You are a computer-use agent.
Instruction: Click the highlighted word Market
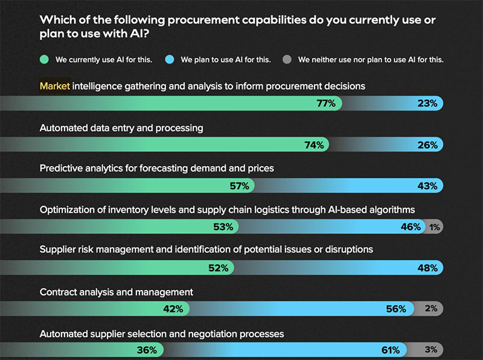click(55, 86)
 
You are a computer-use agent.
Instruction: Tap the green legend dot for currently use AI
click(45, 60)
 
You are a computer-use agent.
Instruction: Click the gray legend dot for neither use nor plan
click(287, 60)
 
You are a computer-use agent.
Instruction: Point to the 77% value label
click(326, 103)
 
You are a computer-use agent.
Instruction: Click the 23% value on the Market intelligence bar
click(427, 103)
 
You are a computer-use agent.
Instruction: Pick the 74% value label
click(315, 145)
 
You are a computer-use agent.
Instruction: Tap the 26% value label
click(427, 145)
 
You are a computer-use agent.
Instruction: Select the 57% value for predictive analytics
click(238, 186)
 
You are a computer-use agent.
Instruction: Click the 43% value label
click(427, 186)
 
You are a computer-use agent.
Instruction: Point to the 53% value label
click(223, 227)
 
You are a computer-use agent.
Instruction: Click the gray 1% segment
click(435, 227)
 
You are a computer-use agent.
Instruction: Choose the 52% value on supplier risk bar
click(218, 268)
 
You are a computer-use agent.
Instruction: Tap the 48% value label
click(427, 268)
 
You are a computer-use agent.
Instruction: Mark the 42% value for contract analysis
click(173, 309)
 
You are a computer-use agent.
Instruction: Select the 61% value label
click(389, 350)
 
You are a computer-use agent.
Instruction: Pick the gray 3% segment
click(430, 350)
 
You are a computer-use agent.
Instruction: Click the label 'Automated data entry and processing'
click(121, 128)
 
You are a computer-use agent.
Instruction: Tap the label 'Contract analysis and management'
click(117, 292)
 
